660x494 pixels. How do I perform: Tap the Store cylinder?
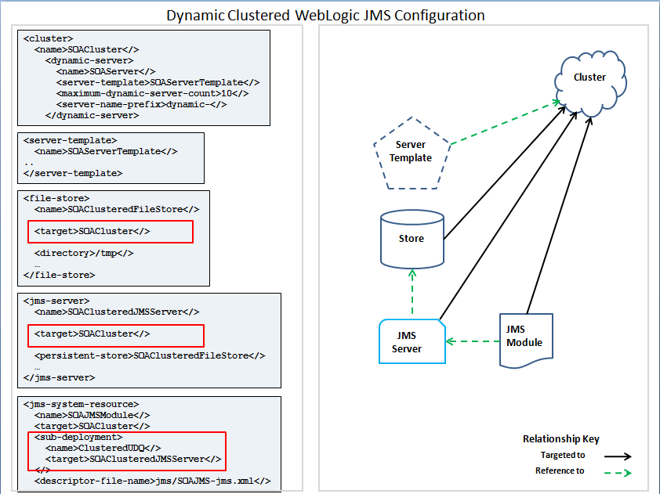pyautogui.click(x=412, y=239)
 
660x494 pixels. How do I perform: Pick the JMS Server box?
pyautogui.click(x=412, y=341)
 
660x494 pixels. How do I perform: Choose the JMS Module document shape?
pyautogui.click(x=526, y=341)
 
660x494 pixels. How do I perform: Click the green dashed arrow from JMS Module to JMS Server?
pyautogui.click(x=473, y=341)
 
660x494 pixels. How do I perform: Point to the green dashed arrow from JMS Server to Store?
pyautogui.click(x=412, y=292)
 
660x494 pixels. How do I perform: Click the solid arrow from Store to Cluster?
pyautogui.click(x=505, y=173)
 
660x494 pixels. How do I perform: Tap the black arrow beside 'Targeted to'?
pyautogui.click(x=618, y=456)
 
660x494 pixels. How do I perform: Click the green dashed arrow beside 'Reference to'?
pyautogui.click(x=618, y=473)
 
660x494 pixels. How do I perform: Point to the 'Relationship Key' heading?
pyautogui.click(x=561, y=439)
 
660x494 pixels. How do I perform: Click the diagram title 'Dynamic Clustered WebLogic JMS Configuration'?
pyautogui.click(x=325, y=16)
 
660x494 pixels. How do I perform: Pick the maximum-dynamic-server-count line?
pyautogui.click(x=152, y=93)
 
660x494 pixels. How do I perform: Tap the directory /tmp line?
pyautogui.click(x=84, y=253)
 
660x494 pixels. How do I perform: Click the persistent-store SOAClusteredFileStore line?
pyautogui.click(x=150, y=355)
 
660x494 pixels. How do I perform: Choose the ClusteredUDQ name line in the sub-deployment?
pyautogui.click(x=103, y=448)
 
